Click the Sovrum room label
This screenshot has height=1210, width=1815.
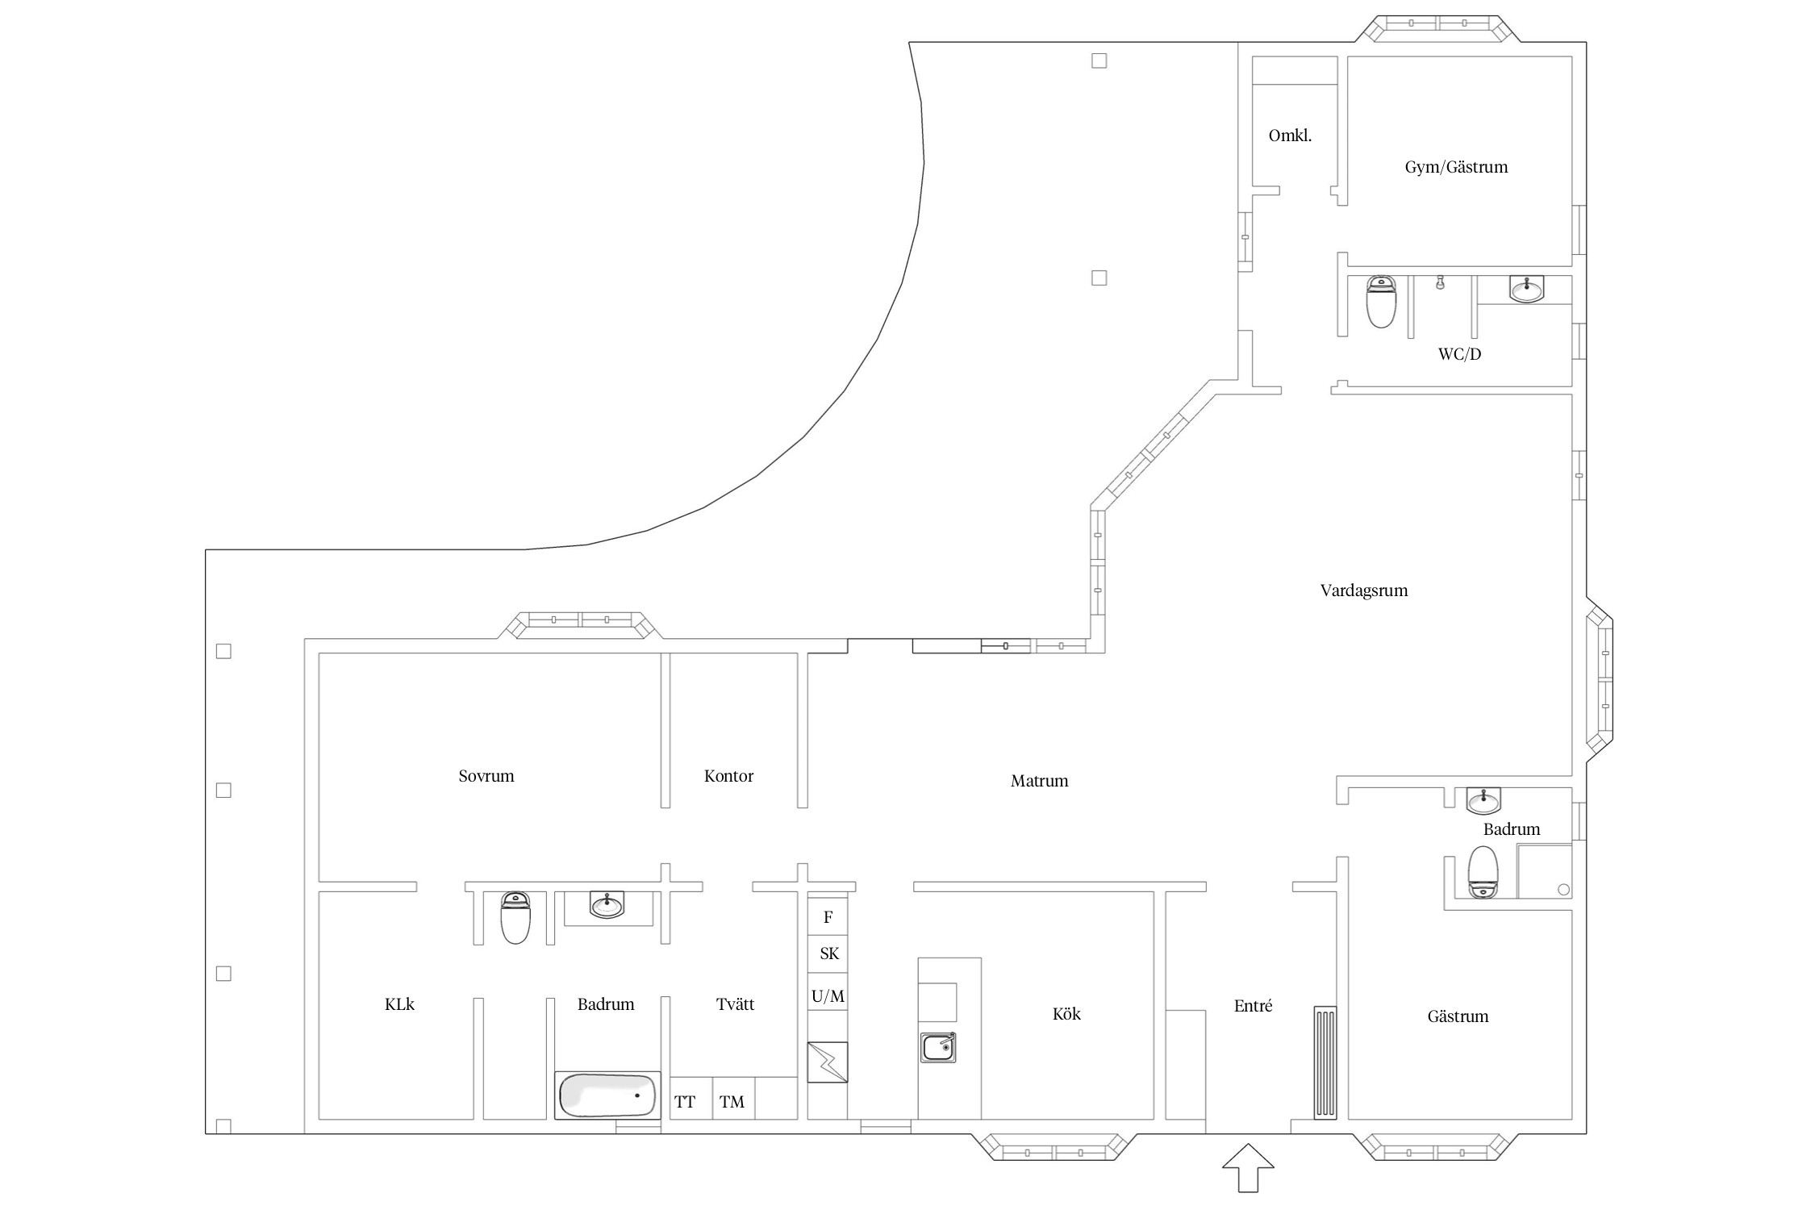(486, 776)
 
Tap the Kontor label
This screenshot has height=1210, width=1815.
(728, 776)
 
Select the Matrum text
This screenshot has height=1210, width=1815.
(1039, 781)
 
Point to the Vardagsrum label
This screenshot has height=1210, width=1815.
(1364, 590)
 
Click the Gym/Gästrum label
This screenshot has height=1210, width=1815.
(1456, 167)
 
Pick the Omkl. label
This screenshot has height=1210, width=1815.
(1290, 136)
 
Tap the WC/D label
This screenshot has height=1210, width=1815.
(1459, 354)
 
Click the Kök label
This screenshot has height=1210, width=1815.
(1066, 1014)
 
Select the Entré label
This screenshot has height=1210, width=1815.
(1253, 1006)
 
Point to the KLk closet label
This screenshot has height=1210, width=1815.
(399, 1004)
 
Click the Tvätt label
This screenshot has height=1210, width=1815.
(735, 1004)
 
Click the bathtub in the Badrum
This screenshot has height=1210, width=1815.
(607, 1095)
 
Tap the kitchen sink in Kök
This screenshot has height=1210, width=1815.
(938, 1047)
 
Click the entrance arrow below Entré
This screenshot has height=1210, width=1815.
(1248, 1167)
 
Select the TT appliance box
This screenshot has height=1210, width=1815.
(691, 1098)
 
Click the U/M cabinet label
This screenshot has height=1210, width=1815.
(828, 996)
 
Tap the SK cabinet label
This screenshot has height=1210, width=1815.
(829, 953)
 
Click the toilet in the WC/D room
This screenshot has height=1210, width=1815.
(1381, 302)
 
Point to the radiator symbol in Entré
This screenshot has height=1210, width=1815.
(1325, 1062)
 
